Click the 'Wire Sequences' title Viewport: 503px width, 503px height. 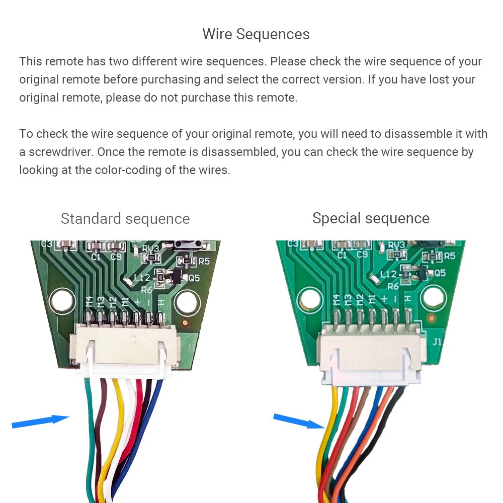[256, 34]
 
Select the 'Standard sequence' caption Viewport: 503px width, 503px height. [125, 219]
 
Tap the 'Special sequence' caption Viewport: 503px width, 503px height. [371, 218]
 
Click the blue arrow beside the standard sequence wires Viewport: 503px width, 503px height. [40, 422]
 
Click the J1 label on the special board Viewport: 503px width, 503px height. [437, 342]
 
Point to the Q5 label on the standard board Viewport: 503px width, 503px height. [194, 277]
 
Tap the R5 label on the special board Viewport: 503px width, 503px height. [449, 256]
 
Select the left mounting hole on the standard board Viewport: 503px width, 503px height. [61, 300]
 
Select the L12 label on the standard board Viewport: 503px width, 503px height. [142, 277]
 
